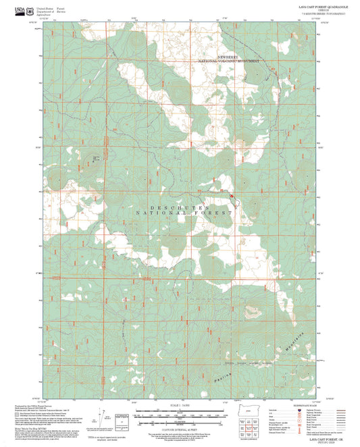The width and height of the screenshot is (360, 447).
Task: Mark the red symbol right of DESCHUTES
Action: coord(231,196)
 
